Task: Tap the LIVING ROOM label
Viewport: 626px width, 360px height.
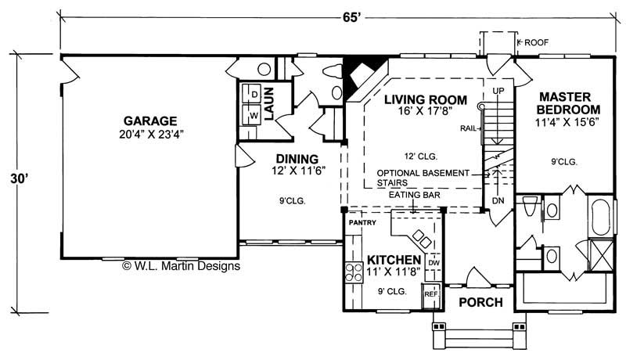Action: click(425, 100)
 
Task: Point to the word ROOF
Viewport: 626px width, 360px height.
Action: click(538, 41)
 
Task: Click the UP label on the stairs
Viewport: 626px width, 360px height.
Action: click(498, 91)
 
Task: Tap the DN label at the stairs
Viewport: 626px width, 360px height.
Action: click(498, 201)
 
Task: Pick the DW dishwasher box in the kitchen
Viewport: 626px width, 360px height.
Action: click(434, 264)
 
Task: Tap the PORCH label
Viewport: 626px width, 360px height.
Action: click(480, 302)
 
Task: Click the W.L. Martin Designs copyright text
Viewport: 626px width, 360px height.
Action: click(181, 266)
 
